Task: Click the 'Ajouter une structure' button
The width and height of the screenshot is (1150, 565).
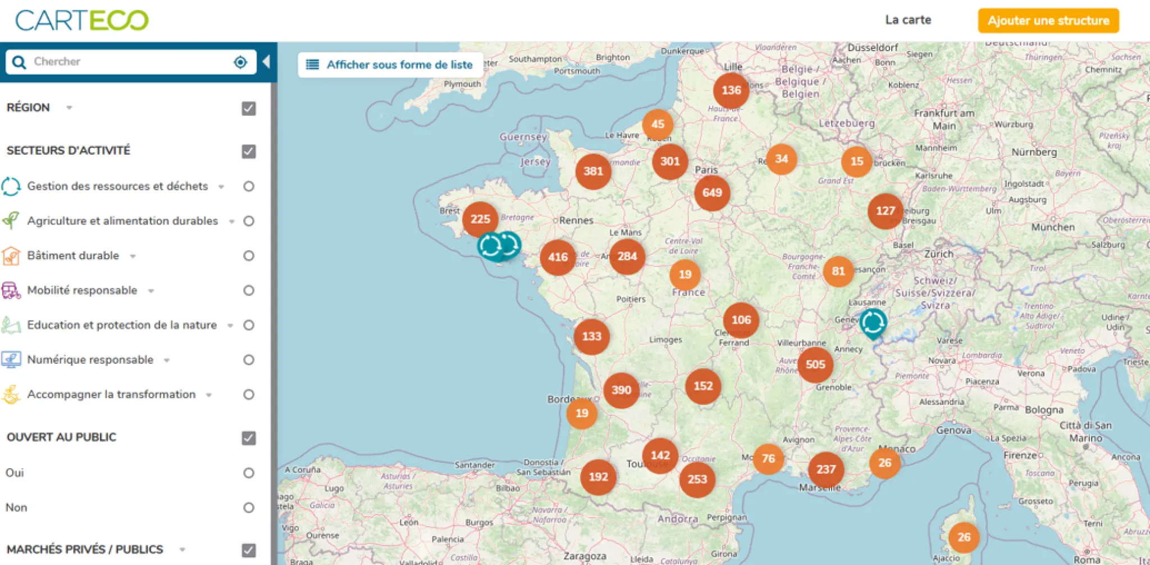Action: [1048, 21]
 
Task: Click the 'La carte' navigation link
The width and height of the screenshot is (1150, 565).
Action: [908, 20]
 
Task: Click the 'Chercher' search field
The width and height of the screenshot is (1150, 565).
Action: [129, 62]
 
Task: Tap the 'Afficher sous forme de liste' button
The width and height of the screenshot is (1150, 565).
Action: [391, 65]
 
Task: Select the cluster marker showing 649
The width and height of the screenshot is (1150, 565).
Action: [712, 193]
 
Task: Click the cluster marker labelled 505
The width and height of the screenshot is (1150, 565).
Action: [815, 364]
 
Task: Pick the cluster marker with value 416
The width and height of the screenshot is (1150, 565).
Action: [558, 257]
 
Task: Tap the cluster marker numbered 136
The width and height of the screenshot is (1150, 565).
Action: [731, 91]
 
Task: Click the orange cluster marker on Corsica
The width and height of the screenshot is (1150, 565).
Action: [964, 537]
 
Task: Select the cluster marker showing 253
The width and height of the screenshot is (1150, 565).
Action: [697, 480]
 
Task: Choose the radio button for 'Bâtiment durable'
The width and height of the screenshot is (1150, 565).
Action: [249, 256]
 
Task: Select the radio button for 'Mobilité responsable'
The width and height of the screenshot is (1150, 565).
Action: [249, 291]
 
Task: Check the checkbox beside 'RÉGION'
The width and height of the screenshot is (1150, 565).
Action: [249, 109]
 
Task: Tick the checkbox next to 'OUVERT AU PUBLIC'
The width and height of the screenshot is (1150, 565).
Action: [249, 438]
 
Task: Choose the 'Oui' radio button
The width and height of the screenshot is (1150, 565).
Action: [249, 473]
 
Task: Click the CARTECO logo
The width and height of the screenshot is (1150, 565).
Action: [81, 21]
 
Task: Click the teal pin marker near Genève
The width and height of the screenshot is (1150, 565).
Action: [873, 323]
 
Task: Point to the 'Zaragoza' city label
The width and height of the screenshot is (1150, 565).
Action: [585, 556]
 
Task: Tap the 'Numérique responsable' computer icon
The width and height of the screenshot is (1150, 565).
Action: [11, 360]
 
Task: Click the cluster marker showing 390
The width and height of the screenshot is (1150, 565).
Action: [621, 390]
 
